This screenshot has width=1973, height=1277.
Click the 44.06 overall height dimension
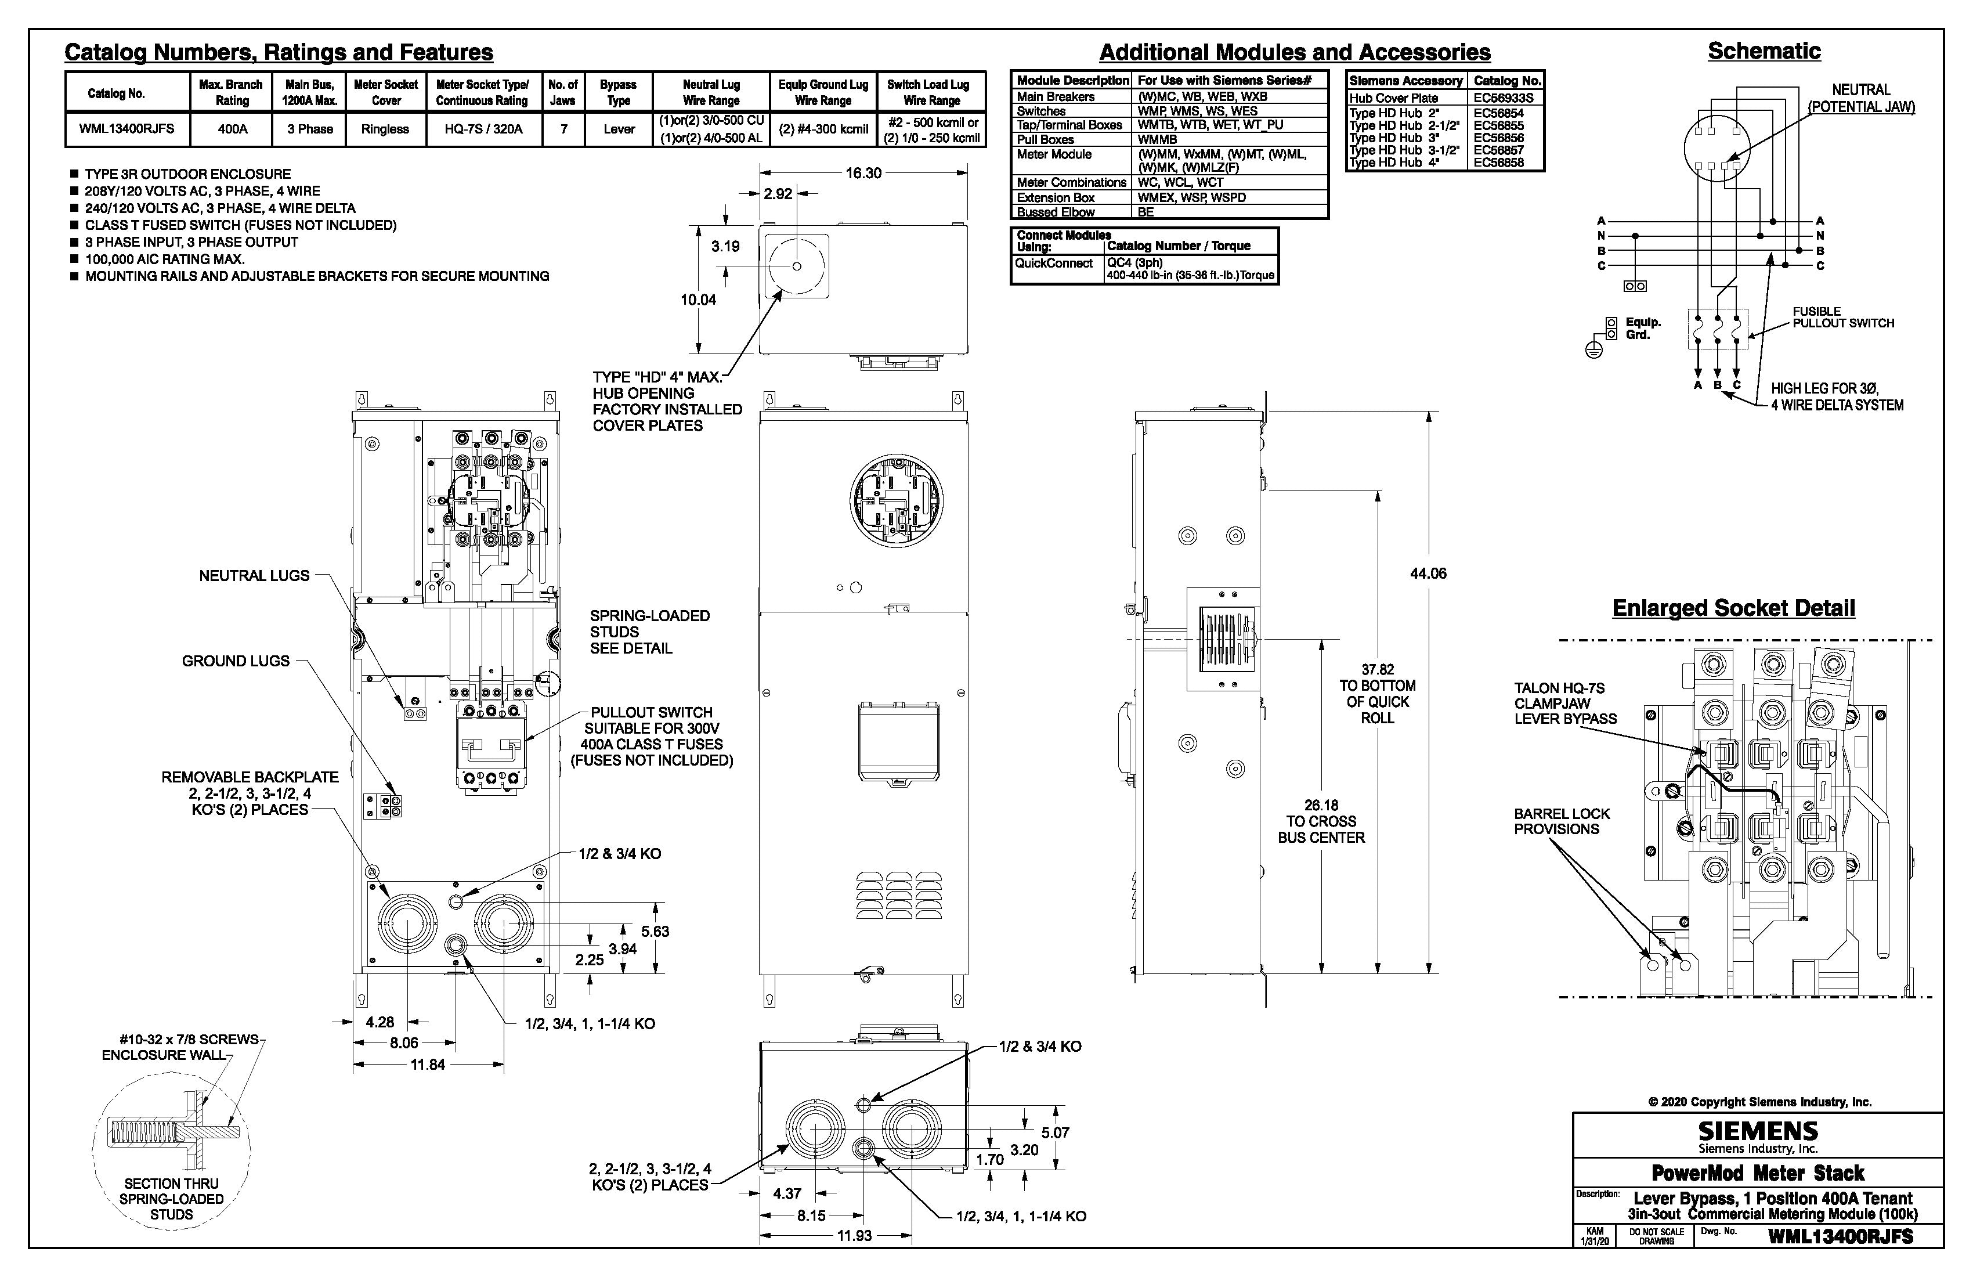pyautogui.click(x=1428, y=573)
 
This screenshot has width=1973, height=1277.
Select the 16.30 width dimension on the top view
pyautogui.click(x=863, y=174)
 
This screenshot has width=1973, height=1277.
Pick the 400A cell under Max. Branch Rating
pyautogui.click(x=232, y=129)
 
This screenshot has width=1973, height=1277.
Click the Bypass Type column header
pyautogui.click(x=619, y=92)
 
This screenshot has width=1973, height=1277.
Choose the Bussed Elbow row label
pyautogui.click(x=1056, y=212)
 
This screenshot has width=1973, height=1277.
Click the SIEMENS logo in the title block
pyautogui.click(x=1758, y=1131)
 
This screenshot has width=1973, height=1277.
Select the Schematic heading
pyautogui.click(x=1764, y=52)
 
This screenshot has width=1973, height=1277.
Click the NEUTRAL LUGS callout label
pyautogui.click(x=254, y=575)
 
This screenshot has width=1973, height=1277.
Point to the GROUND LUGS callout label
pyautogui.click(x=236, y=661)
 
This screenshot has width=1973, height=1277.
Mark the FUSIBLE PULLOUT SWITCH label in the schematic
pyautogui.click(x=1842, y=318)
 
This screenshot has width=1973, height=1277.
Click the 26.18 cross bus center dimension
pyautogui.click(x=1321, y=821)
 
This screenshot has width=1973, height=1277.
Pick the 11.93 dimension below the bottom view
pyautogui.click(x=854, y=1236)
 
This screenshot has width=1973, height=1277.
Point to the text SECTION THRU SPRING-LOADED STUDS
pyautogui.click(x=172, y=1199)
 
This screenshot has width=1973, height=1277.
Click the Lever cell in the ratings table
pyautogui.click(x=619, y=129)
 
